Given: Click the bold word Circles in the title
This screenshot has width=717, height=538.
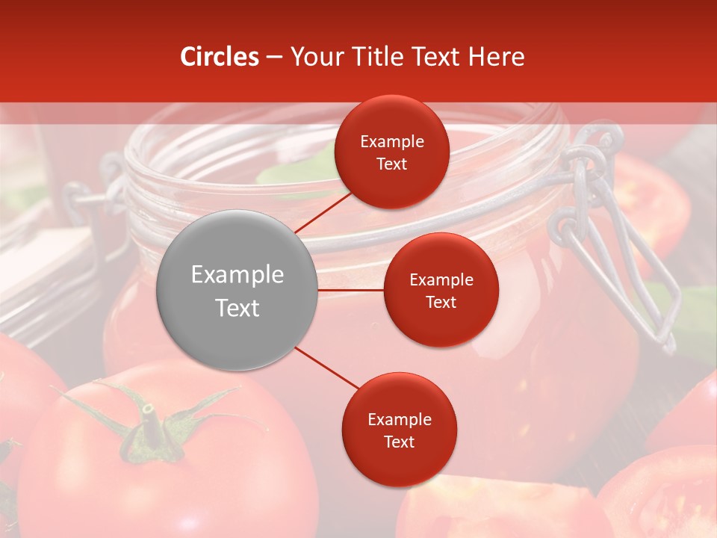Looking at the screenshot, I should [220, 57].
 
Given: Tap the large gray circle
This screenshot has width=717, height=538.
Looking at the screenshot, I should [237, 290].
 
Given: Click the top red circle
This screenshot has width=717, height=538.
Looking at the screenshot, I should [391, 152].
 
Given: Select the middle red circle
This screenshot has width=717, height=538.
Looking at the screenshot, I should [441, 290].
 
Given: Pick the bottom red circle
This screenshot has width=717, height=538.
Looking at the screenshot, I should [399, 430].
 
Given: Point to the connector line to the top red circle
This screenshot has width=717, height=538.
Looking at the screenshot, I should [323, 212].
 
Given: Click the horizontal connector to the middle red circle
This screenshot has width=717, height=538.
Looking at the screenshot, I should [350, 290].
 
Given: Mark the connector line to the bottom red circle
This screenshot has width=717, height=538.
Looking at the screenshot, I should [326, 368].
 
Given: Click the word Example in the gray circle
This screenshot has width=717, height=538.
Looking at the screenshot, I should [237, 275].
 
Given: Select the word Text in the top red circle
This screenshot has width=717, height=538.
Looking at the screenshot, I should [391, 164].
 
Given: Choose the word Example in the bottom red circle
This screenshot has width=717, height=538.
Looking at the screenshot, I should [399, 420].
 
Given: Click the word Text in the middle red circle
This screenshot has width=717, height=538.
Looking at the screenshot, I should [441, 303].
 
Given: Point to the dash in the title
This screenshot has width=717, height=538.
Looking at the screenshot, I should [274, 57].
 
